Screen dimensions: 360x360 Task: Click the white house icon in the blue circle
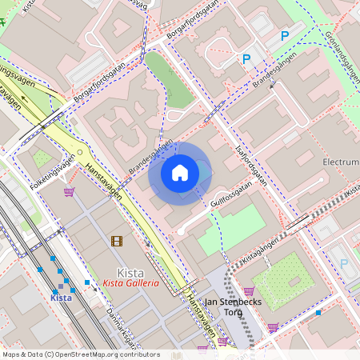pos(180,172)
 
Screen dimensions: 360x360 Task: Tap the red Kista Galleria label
pos(130,283)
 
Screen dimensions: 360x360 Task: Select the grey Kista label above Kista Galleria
pos(130,271)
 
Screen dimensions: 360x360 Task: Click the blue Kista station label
pos(61,298)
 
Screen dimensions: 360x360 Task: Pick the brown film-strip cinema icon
pos(118,241)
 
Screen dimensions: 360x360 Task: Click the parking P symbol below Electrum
pos(344,263)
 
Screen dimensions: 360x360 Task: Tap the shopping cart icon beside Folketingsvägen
pos(70,192)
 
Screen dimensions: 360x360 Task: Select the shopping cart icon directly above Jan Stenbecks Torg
pos(248,291)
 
